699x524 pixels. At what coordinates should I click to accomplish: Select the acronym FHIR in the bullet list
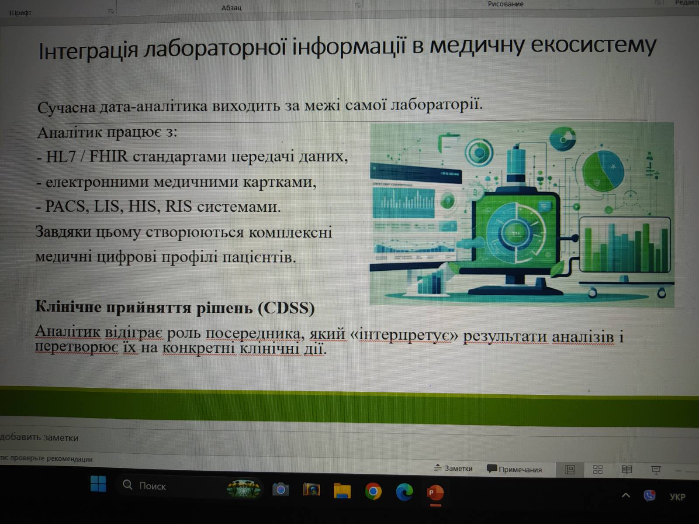coord(108,156)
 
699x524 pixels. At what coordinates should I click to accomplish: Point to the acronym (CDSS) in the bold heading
coord(286,308)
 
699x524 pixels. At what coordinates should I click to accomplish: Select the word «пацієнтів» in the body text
coord(259,257)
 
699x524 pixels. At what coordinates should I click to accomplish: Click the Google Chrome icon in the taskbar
coord(373,492)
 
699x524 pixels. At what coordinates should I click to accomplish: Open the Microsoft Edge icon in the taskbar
coord(404,492)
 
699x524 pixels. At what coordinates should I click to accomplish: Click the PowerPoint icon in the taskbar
coord(435,493)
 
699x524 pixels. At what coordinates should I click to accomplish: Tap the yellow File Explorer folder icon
coord(342,490)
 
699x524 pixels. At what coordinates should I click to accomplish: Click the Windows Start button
coord(98,483)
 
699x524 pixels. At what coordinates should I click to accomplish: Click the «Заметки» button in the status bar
coord(453,468)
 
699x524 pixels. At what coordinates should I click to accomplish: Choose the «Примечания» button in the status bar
coord(515,469)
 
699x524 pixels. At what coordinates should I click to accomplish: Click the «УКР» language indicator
coord(677,497)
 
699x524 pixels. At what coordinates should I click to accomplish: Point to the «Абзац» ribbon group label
coord(232,7)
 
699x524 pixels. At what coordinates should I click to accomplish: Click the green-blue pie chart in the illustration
coord(603,171)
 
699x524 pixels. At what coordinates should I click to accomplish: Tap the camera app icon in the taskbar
coord(280,490)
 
